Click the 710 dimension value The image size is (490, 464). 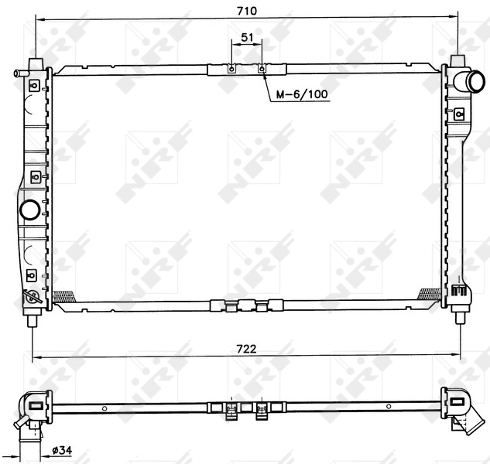(x=247, y=10)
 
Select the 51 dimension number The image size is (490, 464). (x=247, y=37)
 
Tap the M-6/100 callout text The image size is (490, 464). (x=301, y=94)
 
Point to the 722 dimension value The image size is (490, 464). (x=247, y=349)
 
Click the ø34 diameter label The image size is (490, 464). (x=62, y=451)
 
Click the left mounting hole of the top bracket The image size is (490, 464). (x=231, y=69)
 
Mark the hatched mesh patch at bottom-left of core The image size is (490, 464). (x=62, y=295)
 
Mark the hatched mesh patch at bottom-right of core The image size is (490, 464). (x=428, y=294)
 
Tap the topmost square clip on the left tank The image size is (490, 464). (x=32, y=87)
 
